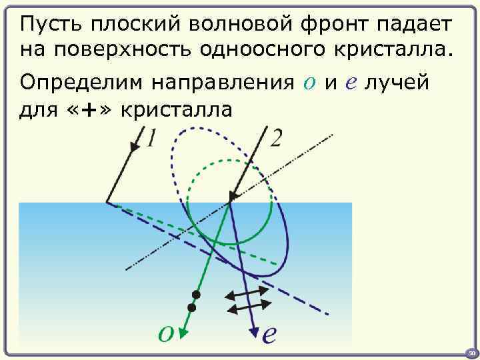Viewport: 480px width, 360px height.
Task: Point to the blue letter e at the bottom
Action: click(x=268, y=334)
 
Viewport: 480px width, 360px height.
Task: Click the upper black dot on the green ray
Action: click(x=196, y=294)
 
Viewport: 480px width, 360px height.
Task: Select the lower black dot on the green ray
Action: click(x=192, y=307)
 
